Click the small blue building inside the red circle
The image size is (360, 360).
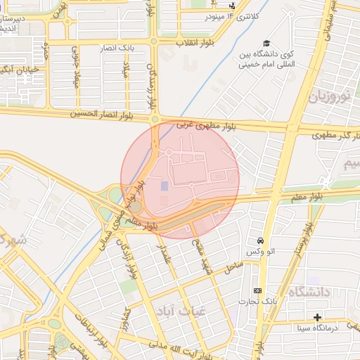(165, 186)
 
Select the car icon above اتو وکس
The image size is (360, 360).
(260, 240)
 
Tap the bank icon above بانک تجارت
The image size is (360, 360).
(257, 290)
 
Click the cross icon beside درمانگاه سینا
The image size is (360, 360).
(317, 317)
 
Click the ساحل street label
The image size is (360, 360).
(233, 267)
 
